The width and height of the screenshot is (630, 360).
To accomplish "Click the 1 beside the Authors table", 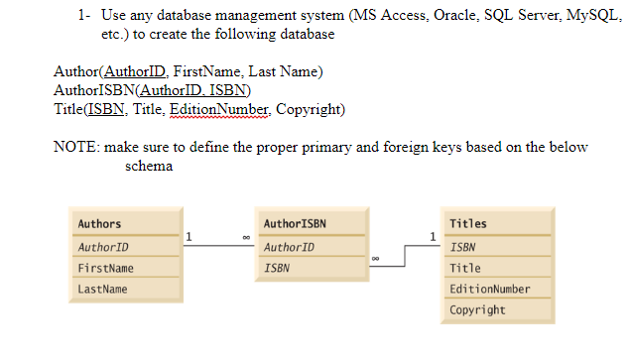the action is [x=189, y=236].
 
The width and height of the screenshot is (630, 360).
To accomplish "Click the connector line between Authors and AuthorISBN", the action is [x=218, y=246].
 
